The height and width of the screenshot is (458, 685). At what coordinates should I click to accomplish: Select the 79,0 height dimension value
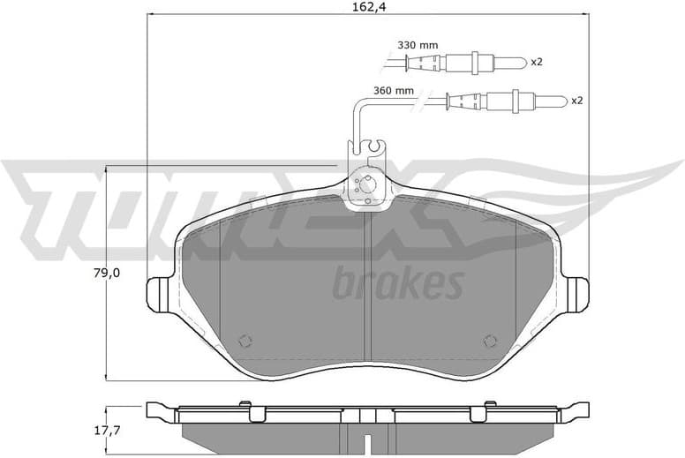coord(132,273)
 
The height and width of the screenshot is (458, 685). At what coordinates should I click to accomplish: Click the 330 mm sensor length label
coord(418,44)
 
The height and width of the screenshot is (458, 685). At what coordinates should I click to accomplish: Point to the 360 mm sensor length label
coord(394,90)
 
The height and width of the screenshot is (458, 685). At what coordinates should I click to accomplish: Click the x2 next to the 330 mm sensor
coord(536,62)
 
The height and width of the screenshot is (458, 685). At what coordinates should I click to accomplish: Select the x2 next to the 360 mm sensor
coord(576,101)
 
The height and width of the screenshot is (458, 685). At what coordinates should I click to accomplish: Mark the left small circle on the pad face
coord(245,342)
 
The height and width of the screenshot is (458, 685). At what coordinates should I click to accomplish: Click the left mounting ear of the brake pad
coord(160,291)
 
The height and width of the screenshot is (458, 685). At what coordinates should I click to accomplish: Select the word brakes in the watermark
coord(397,284)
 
